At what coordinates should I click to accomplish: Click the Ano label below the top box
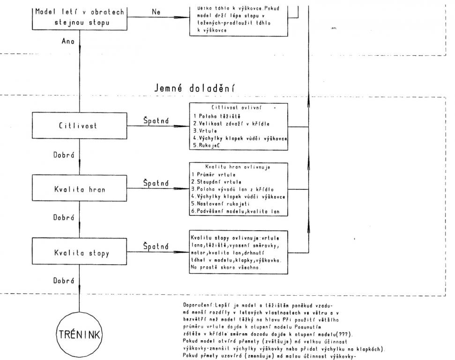pyautogui.click(x=69, y=42)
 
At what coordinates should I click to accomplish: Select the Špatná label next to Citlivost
pyautogui.click(x=156, y=120)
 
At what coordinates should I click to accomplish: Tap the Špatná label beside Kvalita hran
pyautogui.click(x=156, y=184)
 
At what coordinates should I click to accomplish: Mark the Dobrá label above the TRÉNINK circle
pyautogui.click(x=67, y=281)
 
